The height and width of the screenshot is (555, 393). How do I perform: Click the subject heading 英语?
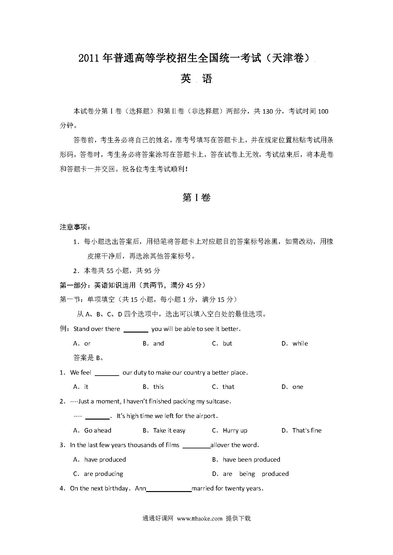[196, 79]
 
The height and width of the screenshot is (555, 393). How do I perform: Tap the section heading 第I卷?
[196, 198]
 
